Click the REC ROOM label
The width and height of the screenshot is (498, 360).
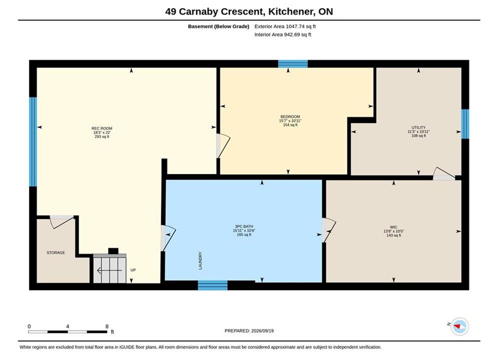(102, 128)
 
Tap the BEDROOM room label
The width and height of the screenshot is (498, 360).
(290, 116)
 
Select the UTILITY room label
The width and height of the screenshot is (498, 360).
(418, 127)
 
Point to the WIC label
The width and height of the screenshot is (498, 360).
(393, 227)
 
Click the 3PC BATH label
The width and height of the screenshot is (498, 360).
(244, 226)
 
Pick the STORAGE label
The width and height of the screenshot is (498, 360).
(56, 253)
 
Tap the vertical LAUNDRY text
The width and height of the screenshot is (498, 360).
(200, 260)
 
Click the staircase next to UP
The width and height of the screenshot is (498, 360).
(110, 268)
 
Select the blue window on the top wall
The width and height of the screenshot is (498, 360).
(293, 64)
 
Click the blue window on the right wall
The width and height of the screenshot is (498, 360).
(465, 124)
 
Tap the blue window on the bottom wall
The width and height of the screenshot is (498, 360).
(213, 285)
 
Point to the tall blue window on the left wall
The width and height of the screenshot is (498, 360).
(33, 142)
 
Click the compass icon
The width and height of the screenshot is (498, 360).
(459, 326)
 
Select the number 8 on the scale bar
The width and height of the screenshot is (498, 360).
(107, 326)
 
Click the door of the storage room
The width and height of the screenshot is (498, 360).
(62, 221)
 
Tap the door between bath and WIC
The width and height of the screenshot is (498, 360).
(328, 230)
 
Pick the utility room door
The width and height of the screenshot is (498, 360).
(444, 174)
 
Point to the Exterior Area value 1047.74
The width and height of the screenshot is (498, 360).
(295, 26)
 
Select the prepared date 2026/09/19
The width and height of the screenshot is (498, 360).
(262, 331)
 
